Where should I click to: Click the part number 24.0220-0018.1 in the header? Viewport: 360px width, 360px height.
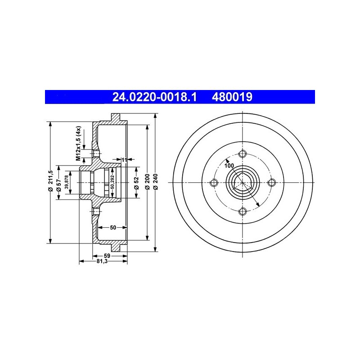pyautogui.click(x=154, y=97)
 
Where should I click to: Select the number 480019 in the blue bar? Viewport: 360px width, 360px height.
pyautogui.click(x=232, y=97)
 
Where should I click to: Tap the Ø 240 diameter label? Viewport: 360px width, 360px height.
pyautogui.click(x=156, y=182)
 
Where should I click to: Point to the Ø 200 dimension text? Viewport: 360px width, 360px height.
pyautogui.click(x=148, y=182)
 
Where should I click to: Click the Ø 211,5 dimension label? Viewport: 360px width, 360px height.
pyautogui.click(x=50, y=181)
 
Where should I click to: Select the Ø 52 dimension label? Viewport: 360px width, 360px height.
pyautogui.click(x=137, y=183)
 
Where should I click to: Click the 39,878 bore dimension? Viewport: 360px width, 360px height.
pyautogui.click(x=67, y=182)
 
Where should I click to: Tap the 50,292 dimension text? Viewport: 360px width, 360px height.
pyautogui.click(x=112, y=182)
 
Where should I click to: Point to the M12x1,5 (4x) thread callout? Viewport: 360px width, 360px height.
pyautogui.click(x=78, y=143)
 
